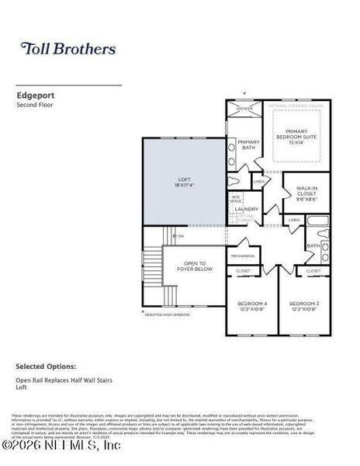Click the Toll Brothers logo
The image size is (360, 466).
(x=68, y=49)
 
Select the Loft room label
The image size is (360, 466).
(x=184, y=183)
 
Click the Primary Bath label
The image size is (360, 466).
(x=248, y=144)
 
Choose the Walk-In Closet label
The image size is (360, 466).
(x=306, y=193)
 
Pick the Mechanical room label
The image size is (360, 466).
(x=243, y=255)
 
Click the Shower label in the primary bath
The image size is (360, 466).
(x=245, y=108)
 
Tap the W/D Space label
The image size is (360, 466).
(x=235, y=199)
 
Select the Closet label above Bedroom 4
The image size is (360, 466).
(x=242, y=271)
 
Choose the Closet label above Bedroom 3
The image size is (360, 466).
(x=313, y=271)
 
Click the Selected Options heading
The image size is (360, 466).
(x=46, y=366)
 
